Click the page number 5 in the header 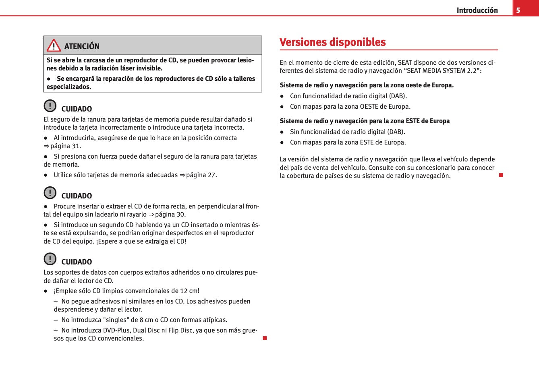click(x=518, y=10)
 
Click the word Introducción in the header click(x=477, y=10)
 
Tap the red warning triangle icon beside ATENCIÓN click(x=54, y=46)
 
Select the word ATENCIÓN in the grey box click(x=82, y=46)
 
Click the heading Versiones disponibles click(x=332, y=42)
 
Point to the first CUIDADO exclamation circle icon click(x=50, y=106)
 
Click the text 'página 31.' click(x=65, y=146)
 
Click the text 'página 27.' click(x=201, y=175)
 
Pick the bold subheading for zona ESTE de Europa click(x=365, y=121)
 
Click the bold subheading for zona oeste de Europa click(x=367, y=85)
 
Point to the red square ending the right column click(x=501, y=175)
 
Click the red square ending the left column click(x=265, y=338)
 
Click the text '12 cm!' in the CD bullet click(x=189, y=291)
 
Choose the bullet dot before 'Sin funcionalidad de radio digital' click(x=282, y=132)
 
